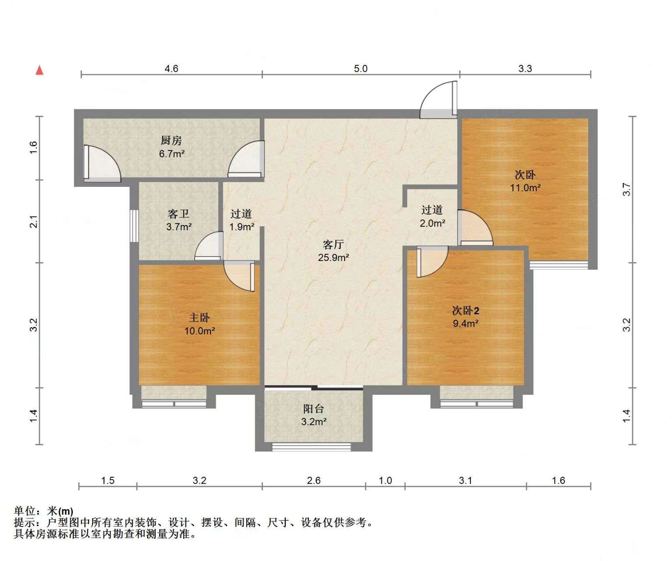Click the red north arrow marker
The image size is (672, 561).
coord(39,70)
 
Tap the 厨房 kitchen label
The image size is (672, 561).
coord(171,141)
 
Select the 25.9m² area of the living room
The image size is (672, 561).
coord(333,257)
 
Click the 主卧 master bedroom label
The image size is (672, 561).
coord(199,318)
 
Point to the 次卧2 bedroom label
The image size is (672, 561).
coord(466,311)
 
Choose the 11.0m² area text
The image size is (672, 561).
coord(525,188)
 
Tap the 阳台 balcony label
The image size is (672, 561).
coord(313,409)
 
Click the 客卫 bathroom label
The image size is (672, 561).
coord(178,214)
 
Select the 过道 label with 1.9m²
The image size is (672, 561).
coord(242,214)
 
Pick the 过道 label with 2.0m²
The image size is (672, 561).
coord(432,210)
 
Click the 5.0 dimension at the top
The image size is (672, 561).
coord(360,68)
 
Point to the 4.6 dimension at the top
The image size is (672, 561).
coord(171,68)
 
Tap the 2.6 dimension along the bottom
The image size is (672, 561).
coord(314,481)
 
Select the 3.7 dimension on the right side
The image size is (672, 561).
coord(627,189)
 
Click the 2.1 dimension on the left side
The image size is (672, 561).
coord(34,222)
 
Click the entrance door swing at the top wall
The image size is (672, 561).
coord(438,101)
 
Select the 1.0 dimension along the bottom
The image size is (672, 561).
coord(385,481)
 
